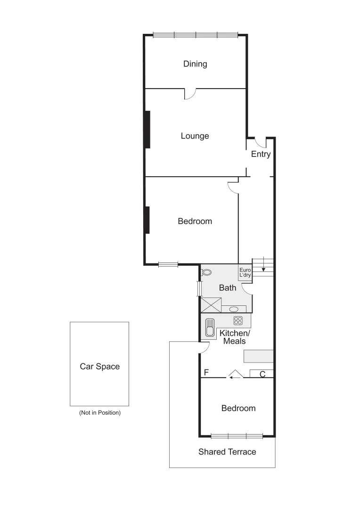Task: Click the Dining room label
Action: click(x=195, y=64)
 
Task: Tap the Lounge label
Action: click(x=195, y=136)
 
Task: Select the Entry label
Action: click(x=261, y=154)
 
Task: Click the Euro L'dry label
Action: click(x=245, y=272)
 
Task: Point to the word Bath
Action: click(x=228, y=287)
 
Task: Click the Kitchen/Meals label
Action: click(x=235, y=337)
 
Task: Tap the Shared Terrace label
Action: click(x=227, y=452)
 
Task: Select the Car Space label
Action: click(x=99, y=366)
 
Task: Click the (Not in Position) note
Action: click(x=100, y=412)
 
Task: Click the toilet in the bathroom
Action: click(x=206, y=272)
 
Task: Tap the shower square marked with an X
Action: click(x=211, y=305)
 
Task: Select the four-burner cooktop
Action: click(x=238, y=320)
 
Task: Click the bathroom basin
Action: click(x=234, y=309)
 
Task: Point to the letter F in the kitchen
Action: click(x=206, y=373)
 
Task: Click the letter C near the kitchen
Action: click(x=262, y=374)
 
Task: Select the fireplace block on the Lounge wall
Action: click(x=147, y=129)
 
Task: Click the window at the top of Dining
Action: click(x=195, y=34)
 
